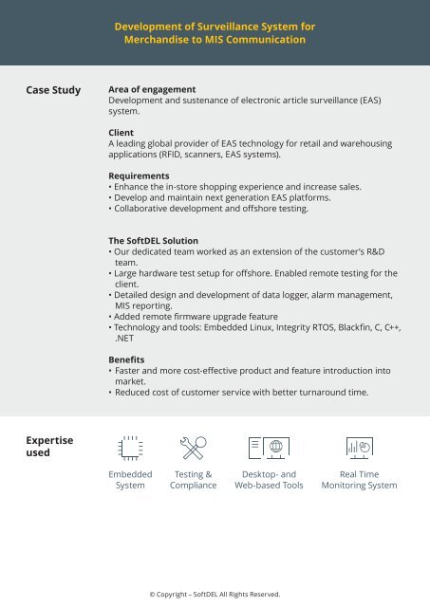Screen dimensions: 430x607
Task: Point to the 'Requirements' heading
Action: (140, 176)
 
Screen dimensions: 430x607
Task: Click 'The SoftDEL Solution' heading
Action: (153, 241)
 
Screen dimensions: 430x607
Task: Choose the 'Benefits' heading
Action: (129, 360)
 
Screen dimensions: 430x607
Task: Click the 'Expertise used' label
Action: (48, 446)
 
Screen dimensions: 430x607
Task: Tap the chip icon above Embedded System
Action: (130, 448)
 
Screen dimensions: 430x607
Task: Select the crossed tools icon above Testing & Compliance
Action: (194, 448)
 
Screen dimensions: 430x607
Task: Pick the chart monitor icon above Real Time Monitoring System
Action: (359, 448)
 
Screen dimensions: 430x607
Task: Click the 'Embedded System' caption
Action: (130, 479)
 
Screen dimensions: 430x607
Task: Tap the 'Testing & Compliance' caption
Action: (194, 479)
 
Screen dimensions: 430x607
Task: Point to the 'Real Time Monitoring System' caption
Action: (359, 479)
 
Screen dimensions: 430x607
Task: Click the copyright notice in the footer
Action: (215, 594)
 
